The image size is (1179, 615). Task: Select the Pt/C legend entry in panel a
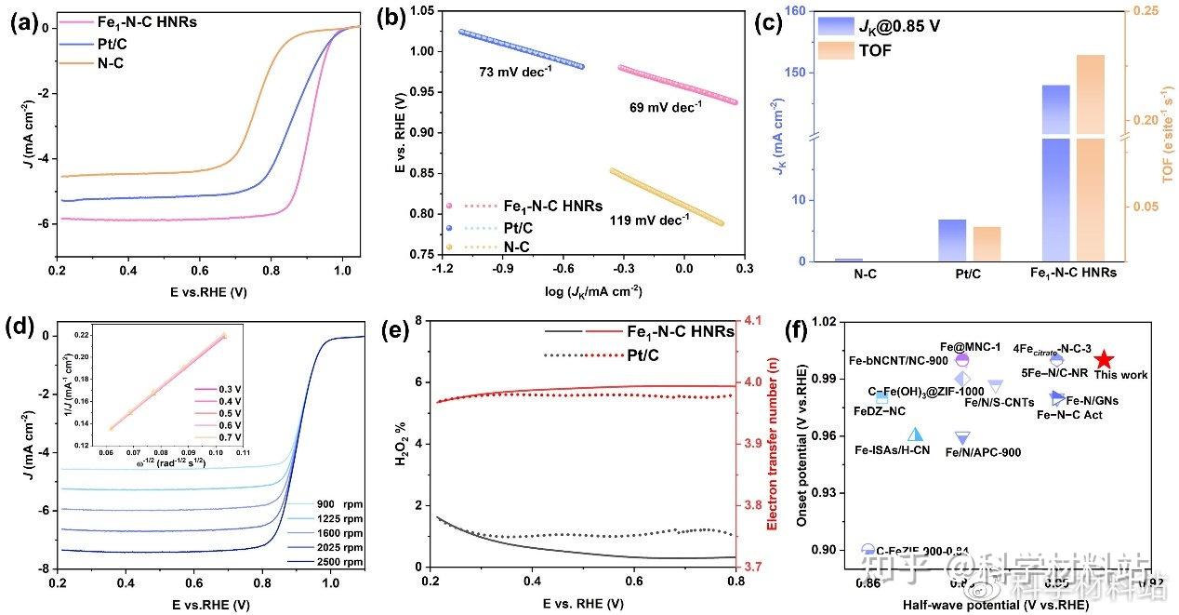[x=103, y=44]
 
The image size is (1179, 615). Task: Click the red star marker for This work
[x=1103, y=359]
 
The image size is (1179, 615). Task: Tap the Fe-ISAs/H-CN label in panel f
[x=892, y=450]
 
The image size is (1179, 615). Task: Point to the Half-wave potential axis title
[x=996, y=605]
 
